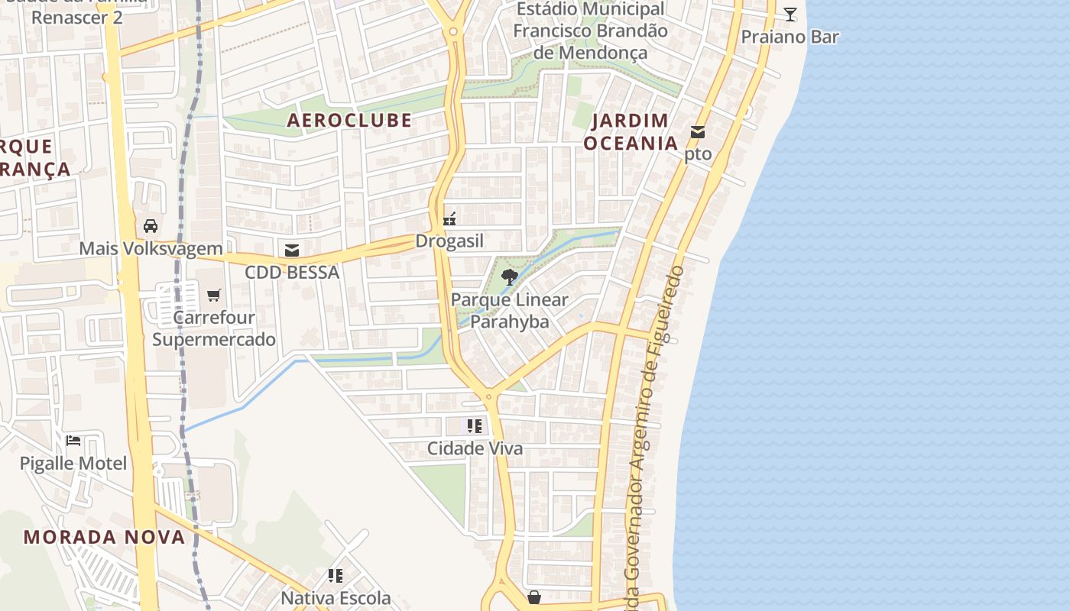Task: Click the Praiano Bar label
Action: [790, 37]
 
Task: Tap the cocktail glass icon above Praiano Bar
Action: [790, 14]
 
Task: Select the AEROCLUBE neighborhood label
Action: [349, 120]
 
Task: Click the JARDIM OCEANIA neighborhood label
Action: [631, 132]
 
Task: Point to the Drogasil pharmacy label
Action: [449, 241]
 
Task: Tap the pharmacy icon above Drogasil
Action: [450, 220]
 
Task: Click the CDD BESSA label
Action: [292, 272]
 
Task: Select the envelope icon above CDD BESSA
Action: [291, 250]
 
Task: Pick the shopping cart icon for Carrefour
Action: [214, 295]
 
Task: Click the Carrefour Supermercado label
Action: [214, 328]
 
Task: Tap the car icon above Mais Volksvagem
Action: [151, 226]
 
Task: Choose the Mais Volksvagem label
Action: [151, 248]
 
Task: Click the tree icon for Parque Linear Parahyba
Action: [510, 277]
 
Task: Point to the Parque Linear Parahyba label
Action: [510, 310]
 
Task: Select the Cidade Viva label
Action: [475, 448]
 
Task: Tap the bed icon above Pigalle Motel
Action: [73, 441]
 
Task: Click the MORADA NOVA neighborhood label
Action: [104, 537]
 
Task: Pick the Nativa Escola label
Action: [336, 597]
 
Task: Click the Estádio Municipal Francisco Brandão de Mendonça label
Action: [590, 31]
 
